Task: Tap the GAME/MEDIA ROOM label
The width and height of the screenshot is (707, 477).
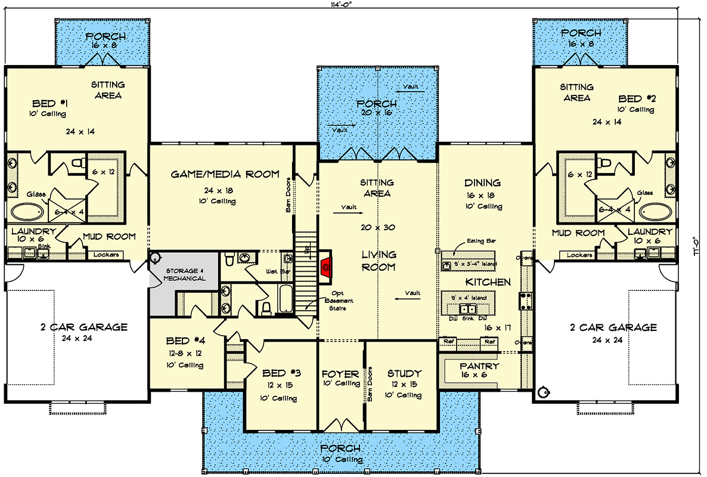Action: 225,174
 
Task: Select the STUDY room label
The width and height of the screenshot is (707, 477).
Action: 404,373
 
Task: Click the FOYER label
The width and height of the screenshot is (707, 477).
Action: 340,374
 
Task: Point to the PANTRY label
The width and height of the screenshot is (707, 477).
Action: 479,366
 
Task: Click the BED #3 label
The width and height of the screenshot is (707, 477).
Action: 281,373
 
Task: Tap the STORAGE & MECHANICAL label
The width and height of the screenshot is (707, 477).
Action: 185,274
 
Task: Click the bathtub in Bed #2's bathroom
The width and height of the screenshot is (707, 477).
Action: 656,212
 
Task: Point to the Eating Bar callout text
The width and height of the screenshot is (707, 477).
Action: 482,241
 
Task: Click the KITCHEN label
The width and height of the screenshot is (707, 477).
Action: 488,281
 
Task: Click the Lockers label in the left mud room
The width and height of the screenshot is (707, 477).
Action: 107,255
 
